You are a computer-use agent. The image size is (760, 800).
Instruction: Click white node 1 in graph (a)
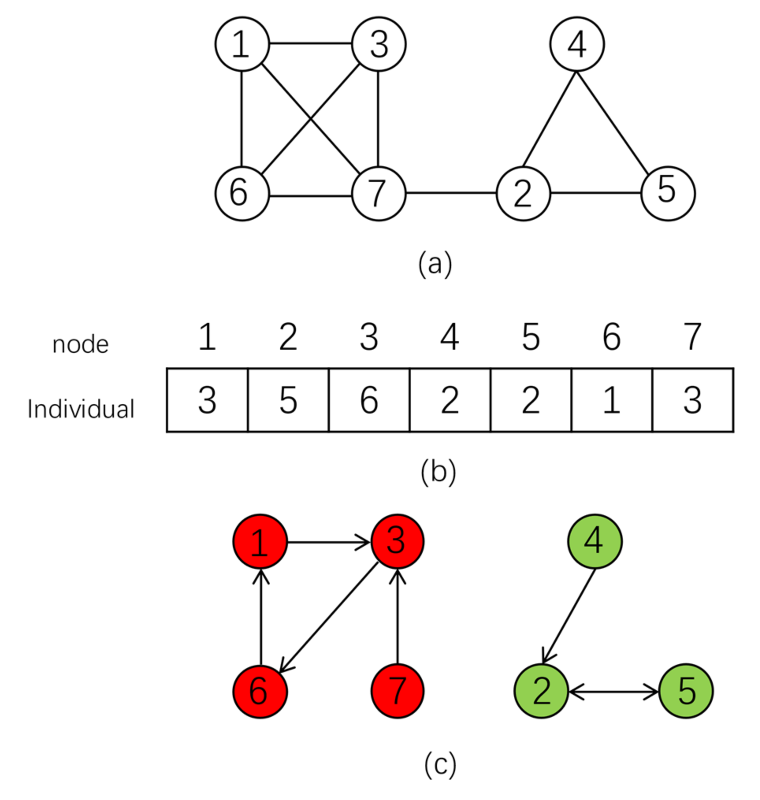point(242,44)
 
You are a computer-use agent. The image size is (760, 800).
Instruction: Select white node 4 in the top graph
point(577,44)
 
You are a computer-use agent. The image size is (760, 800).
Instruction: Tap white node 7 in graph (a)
point(378,194)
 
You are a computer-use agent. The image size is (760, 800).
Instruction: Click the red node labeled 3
point(397,541)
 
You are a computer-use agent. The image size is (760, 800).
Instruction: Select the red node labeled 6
point(260,691)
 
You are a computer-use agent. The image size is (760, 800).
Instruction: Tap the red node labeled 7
point(397,691)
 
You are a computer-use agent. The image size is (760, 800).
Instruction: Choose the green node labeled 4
point(594,541)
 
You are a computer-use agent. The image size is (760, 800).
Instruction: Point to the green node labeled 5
point(686,691)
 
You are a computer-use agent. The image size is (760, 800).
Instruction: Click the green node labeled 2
point(541,691)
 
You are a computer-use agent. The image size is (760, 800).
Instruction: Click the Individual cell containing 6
point(369,400)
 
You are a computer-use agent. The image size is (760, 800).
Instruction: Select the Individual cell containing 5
point(288,400)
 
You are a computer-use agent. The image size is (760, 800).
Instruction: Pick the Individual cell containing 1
point(612,400)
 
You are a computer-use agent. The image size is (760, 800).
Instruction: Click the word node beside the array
point(81,345)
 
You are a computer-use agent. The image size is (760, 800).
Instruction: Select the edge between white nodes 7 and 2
point(451,193)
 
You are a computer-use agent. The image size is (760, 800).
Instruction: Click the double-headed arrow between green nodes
point(614,691)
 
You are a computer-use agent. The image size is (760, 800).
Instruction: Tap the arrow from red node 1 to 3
point(328,542)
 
